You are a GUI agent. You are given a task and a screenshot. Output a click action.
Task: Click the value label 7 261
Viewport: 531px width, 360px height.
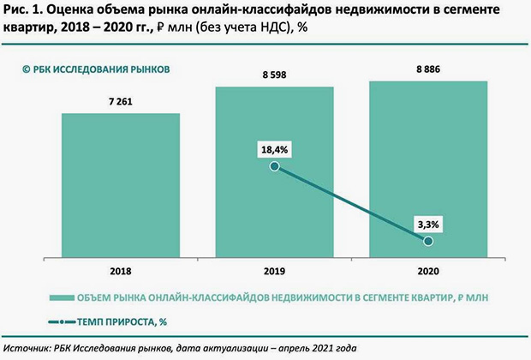click(120, 101)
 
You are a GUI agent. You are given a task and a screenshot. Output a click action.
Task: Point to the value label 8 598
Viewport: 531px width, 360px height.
click(274, 75)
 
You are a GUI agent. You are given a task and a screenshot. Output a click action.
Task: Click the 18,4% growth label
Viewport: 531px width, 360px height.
click(274, 149)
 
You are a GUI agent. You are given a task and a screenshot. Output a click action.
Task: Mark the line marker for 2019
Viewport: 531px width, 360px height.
click(274, 166)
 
